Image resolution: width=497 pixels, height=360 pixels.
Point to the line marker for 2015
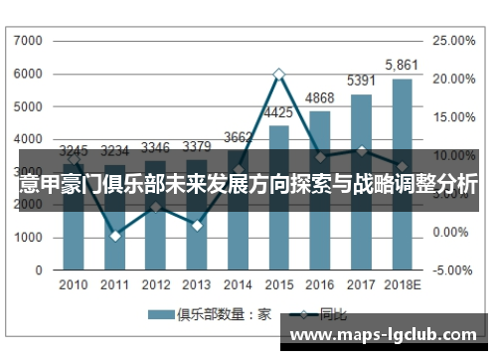point(279,74)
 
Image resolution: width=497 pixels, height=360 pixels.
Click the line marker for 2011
point(115,236)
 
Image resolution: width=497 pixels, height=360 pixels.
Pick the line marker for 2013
point(197,226)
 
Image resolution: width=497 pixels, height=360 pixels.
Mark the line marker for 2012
point(156,207)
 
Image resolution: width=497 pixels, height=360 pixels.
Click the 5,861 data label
point(403,65)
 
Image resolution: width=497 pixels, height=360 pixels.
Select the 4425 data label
point(279,112)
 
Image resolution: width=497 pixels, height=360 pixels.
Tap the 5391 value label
point(361,81)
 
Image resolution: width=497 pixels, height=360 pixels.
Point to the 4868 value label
point(320,97)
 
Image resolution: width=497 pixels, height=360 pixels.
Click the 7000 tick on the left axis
point(30,41)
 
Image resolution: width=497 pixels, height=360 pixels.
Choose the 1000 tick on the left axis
point(30,238)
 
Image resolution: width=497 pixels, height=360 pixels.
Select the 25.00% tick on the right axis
point(456,41)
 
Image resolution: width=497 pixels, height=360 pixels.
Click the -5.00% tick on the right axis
point(456,270)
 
